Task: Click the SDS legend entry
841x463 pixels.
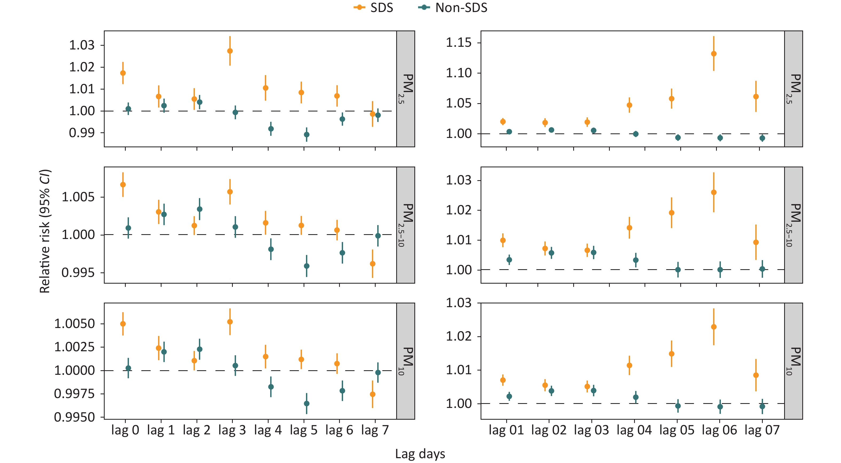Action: pyautogui.click(x=374, y=8)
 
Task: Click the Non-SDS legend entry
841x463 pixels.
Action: pyautogui.click(x=453, y=8)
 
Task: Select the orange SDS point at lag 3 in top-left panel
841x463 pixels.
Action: pyautogui.click(x=230, y=51)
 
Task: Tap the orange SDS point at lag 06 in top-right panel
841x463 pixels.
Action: pyautogui.click(x=714, y=54)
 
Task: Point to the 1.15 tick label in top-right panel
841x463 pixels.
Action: pyautogui.click(x=459, y=43)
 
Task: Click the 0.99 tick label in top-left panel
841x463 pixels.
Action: pyautogui.click(x=82, y=133)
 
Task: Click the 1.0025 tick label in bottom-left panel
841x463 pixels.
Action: pyautogui.click(x=74, y=347)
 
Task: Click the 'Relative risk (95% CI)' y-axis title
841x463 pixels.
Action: pyautogui.click(x=45, y=231)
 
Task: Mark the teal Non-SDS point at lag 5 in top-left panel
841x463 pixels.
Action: pyautogui.click(x=306, y=134)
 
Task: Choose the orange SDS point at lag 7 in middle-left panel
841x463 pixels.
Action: pyautogui.click(x=372, y=264)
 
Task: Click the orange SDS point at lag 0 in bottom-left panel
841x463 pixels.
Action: pyautogui.click(x=123, y=324)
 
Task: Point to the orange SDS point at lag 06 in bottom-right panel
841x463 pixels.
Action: pyautogui.click(x=714, y=327)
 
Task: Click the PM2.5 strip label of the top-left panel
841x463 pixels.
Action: pyautogui.click(x=406, y=88)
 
